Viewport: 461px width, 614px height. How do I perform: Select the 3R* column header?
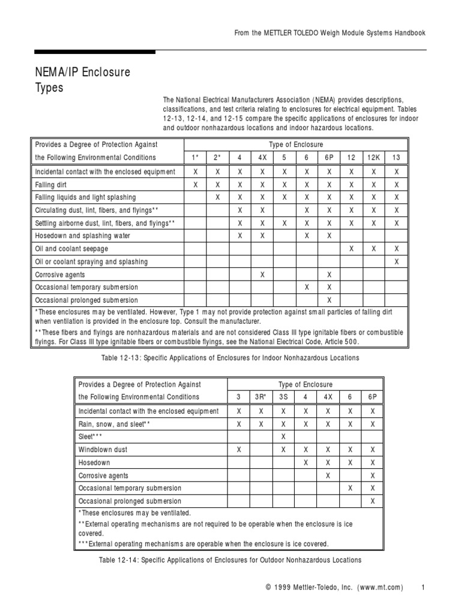(x=261, y=398)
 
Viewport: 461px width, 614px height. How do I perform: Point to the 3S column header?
(x=283, y=398)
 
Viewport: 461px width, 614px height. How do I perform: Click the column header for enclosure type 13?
(x=396, y=158)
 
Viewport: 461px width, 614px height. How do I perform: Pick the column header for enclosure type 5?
(x=283, y=158)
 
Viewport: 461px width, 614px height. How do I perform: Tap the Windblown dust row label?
(x=103, y=449)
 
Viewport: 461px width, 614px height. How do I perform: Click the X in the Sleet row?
(x=283, y=437)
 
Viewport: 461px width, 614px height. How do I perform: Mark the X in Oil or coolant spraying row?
(x=396, y=262)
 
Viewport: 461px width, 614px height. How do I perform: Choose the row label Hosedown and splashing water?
(x=82, y=236)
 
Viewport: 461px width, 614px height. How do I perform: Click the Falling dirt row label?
(x=52, y=185)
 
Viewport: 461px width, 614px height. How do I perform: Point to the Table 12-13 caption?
(x=230, y=358)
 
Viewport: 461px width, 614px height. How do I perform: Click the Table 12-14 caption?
(x=230, y=560)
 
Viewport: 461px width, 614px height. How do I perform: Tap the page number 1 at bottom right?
(x=423, y=587)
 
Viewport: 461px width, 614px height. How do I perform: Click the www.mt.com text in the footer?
(x=378, y=587)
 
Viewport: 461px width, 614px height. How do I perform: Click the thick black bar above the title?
(x=95, y=52)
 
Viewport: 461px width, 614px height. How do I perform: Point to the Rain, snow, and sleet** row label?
(x=114, y=424)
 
